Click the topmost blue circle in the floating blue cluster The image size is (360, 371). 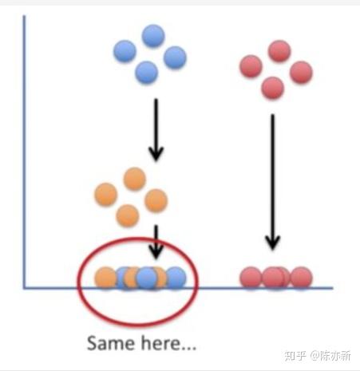(153, 36)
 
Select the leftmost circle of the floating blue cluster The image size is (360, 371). (125, 51)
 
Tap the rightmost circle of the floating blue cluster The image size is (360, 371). (175, 57)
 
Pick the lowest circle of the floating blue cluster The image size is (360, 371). (146, 73)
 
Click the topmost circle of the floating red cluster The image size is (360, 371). (279, 51)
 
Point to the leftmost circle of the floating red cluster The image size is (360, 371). (251, 66)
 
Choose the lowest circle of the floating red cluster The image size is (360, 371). (272, 88)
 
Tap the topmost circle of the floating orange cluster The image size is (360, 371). (135, 179)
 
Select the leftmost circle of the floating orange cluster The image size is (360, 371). (106, 194)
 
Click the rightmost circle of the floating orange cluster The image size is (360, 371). (156, 200)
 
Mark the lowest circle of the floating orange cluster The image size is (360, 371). (128, 215)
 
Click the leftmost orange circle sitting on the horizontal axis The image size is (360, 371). (106, 278)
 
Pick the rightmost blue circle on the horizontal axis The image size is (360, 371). (175, 278)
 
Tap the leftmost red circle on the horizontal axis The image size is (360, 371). (251, 278)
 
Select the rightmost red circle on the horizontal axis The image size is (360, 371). (301, 278)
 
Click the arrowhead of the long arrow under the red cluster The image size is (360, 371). (272, 243)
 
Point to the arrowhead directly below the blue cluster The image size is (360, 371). (156, 153)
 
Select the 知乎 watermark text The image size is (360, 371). (295, 356)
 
